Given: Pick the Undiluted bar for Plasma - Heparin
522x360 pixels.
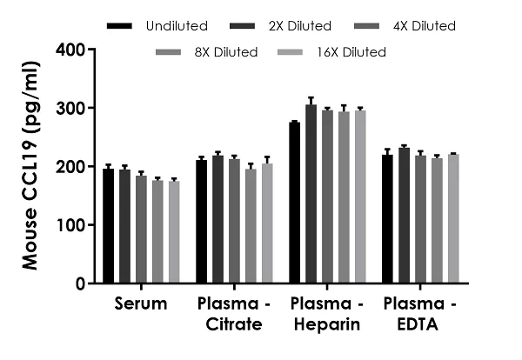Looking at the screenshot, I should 295,203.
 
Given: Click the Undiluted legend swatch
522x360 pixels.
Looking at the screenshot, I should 120,26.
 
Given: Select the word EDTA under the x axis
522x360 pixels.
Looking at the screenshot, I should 421,324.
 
